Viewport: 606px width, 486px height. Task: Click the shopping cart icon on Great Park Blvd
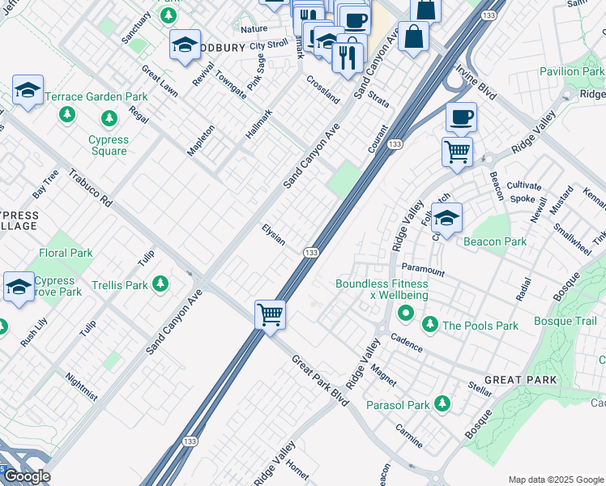(270, 313)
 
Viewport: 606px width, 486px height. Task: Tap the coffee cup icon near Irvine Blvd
(461, 117)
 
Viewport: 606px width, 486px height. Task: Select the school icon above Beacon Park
(446, 217)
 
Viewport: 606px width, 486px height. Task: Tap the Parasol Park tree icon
(442, 403)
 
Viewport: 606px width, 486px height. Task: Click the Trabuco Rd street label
(90, 188)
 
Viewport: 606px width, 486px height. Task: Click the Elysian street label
(273, 236)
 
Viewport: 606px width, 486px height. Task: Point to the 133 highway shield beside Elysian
(310, 254)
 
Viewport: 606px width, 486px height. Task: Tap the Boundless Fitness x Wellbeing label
(382, 289)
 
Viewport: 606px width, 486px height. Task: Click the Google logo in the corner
(26, 476)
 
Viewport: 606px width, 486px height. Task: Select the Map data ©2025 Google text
(556, 480)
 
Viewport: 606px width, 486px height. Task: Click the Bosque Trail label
(565, 322)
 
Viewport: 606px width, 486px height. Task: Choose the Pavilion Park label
(571, 71)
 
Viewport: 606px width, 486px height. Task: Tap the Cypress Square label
(109, 145)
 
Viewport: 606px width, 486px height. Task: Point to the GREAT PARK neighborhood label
(520, 380)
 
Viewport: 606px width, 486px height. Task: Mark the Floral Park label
(66, 253)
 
